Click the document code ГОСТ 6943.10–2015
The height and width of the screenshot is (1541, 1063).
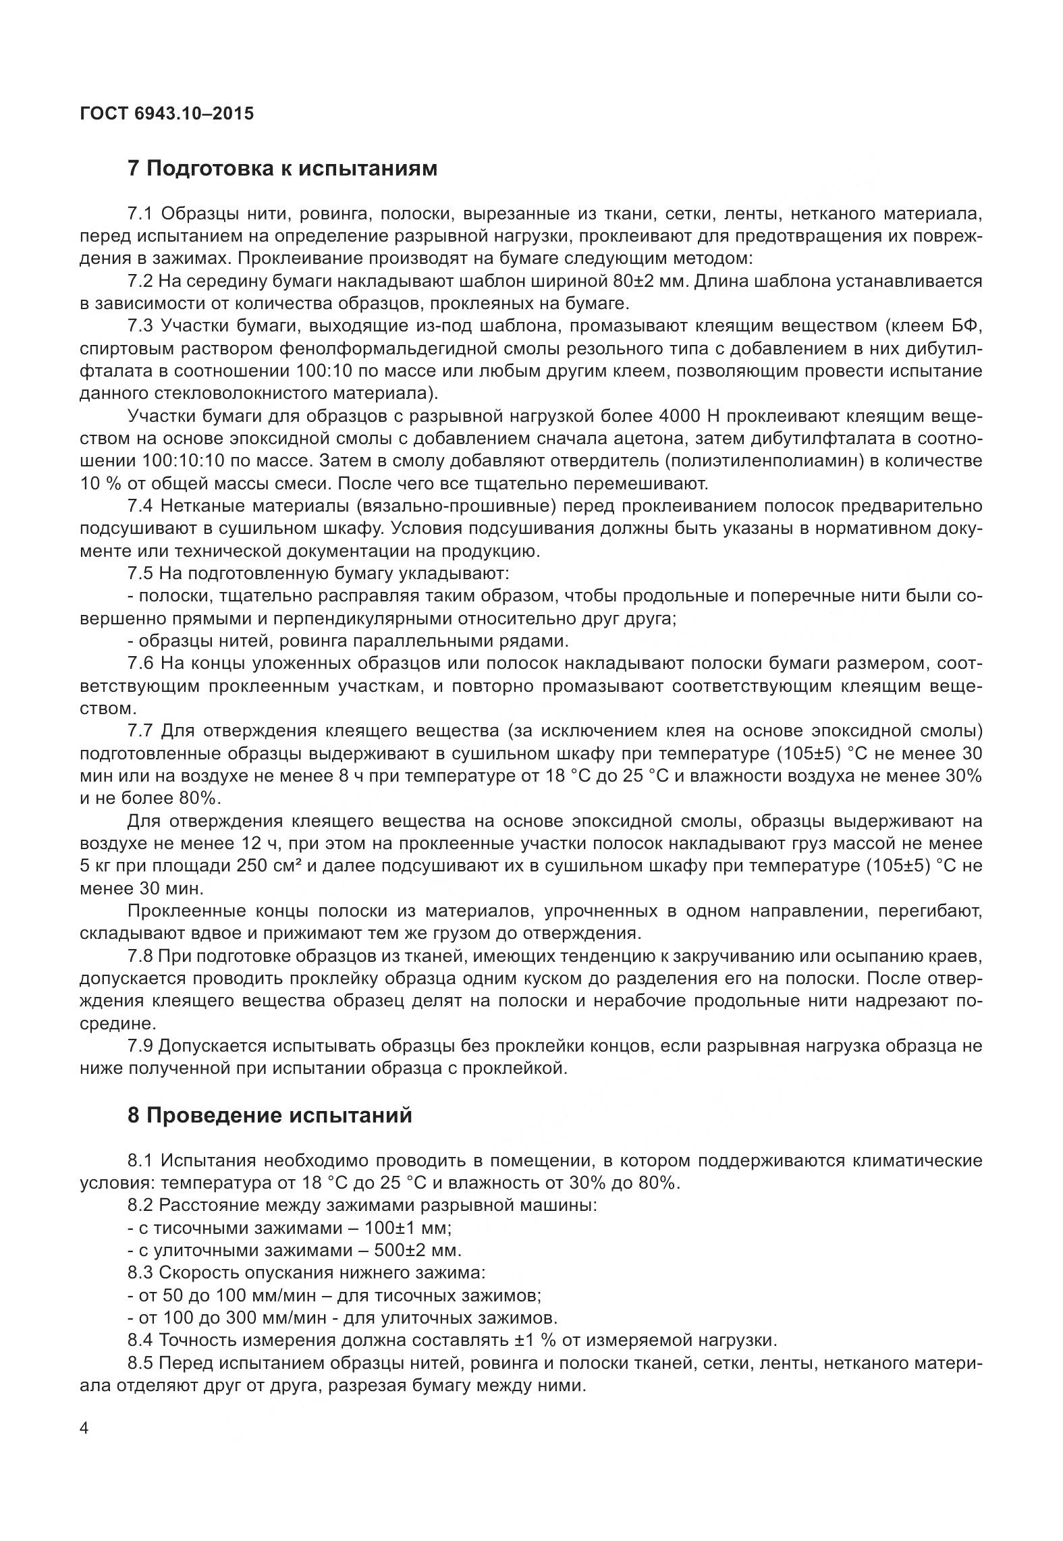pos(167,113)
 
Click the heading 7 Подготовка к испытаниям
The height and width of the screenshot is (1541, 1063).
pos(282,168)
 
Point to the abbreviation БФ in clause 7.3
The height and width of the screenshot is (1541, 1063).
pos(966,326)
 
